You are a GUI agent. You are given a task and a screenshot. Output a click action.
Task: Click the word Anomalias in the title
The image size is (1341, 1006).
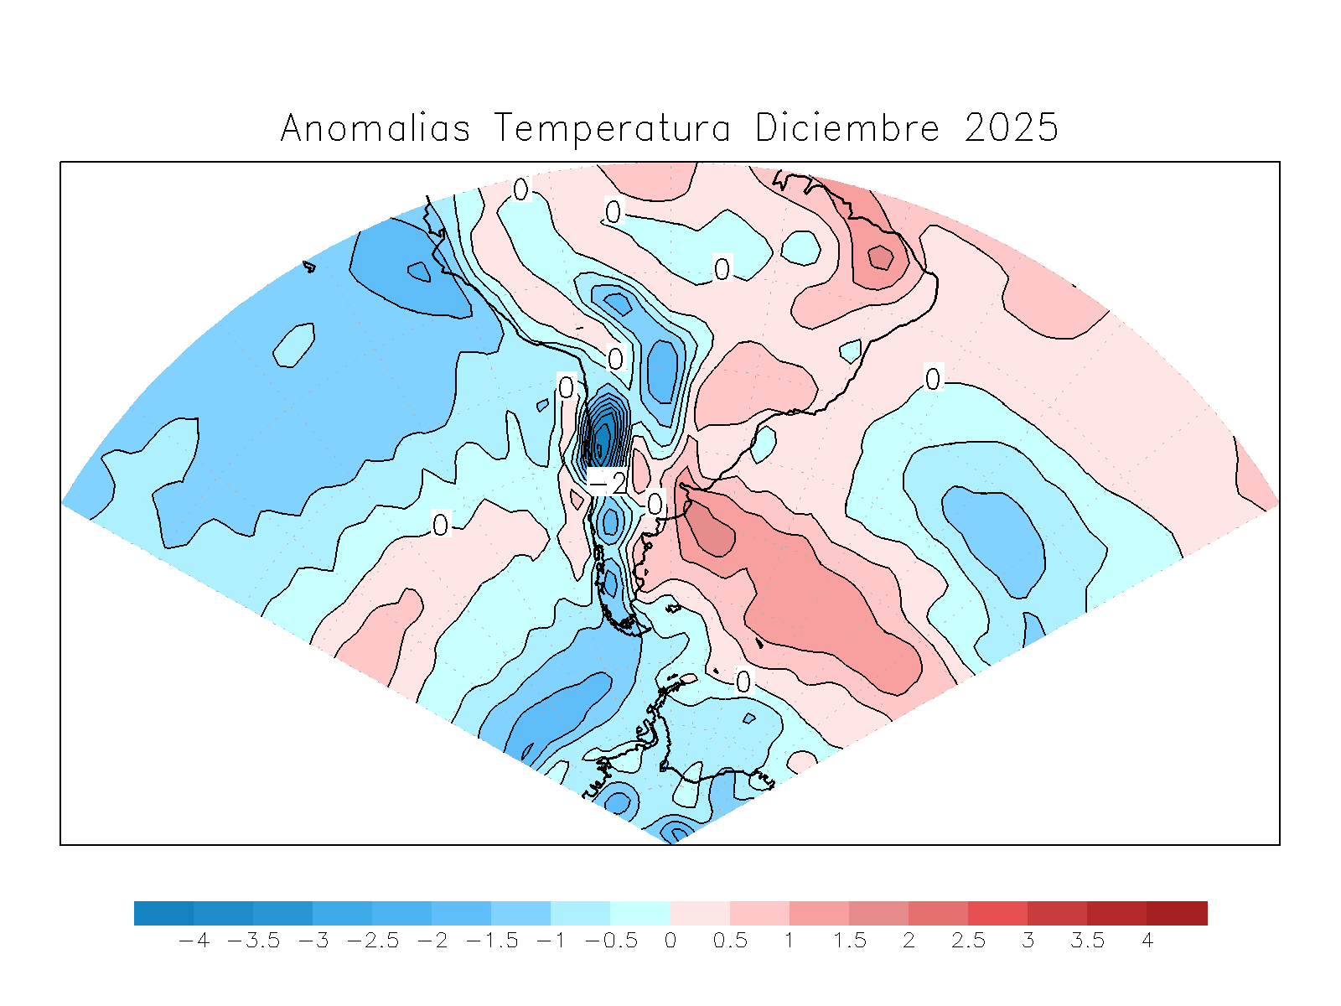click(375, 128)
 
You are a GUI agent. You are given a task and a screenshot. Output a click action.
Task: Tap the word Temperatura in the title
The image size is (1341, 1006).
click(612, 128)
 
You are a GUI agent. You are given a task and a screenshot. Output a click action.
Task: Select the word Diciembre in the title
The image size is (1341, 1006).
click(847, 128)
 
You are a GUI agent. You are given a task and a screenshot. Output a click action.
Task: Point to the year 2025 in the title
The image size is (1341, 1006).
click(1012, 128)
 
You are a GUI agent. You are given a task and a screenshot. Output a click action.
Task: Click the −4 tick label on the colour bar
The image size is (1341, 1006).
click(194, 941)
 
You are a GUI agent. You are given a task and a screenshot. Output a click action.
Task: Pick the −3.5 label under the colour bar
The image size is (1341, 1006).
click(253, 941)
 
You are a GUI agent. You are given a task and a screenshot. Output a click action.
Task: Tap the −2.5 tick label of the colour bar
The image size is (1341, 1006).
click(372, 941)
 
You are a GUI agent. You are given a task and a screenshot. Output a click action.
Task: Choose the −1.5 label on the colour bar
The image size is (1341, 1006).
click(491, 941)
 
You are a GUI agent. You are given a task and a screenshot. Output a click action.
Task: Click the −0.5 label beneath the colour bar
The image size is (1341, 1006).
click(611, 941)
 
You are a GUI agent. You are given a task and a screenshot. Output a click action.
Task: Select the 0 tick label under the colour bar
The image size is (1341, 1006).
click(670, 941)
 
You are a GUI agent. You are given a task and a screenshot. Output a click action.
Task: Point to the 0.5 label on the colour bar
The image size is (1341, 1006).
click(730, 941)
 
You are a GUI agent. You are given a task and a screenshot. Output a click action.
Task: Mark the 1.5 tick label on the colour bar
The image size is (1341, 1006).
click(849, 941)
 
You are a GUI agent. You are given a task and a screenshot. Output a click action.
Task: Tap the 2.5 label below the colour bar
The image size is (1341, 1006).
click(968, 941)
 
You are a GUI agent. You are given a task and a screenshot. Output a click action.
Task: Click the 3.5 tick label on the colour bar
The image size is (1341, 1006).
click(1087, 941)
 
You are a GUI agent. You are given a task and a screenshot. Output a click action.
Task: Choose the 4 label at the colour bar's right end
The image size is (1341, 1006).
click(1147, 941)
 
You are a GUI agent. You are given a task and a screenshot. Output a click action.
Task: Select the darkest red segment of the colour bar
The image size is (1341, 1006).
click(1177, 913)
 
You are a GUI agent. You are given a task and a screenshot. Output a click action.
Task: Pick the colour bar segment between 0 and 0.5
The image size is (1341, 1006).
click(700, 913)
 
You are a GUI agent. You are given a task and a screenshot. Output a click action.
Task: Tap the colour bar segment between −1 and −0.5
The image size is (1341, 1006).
click(580, 913)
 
